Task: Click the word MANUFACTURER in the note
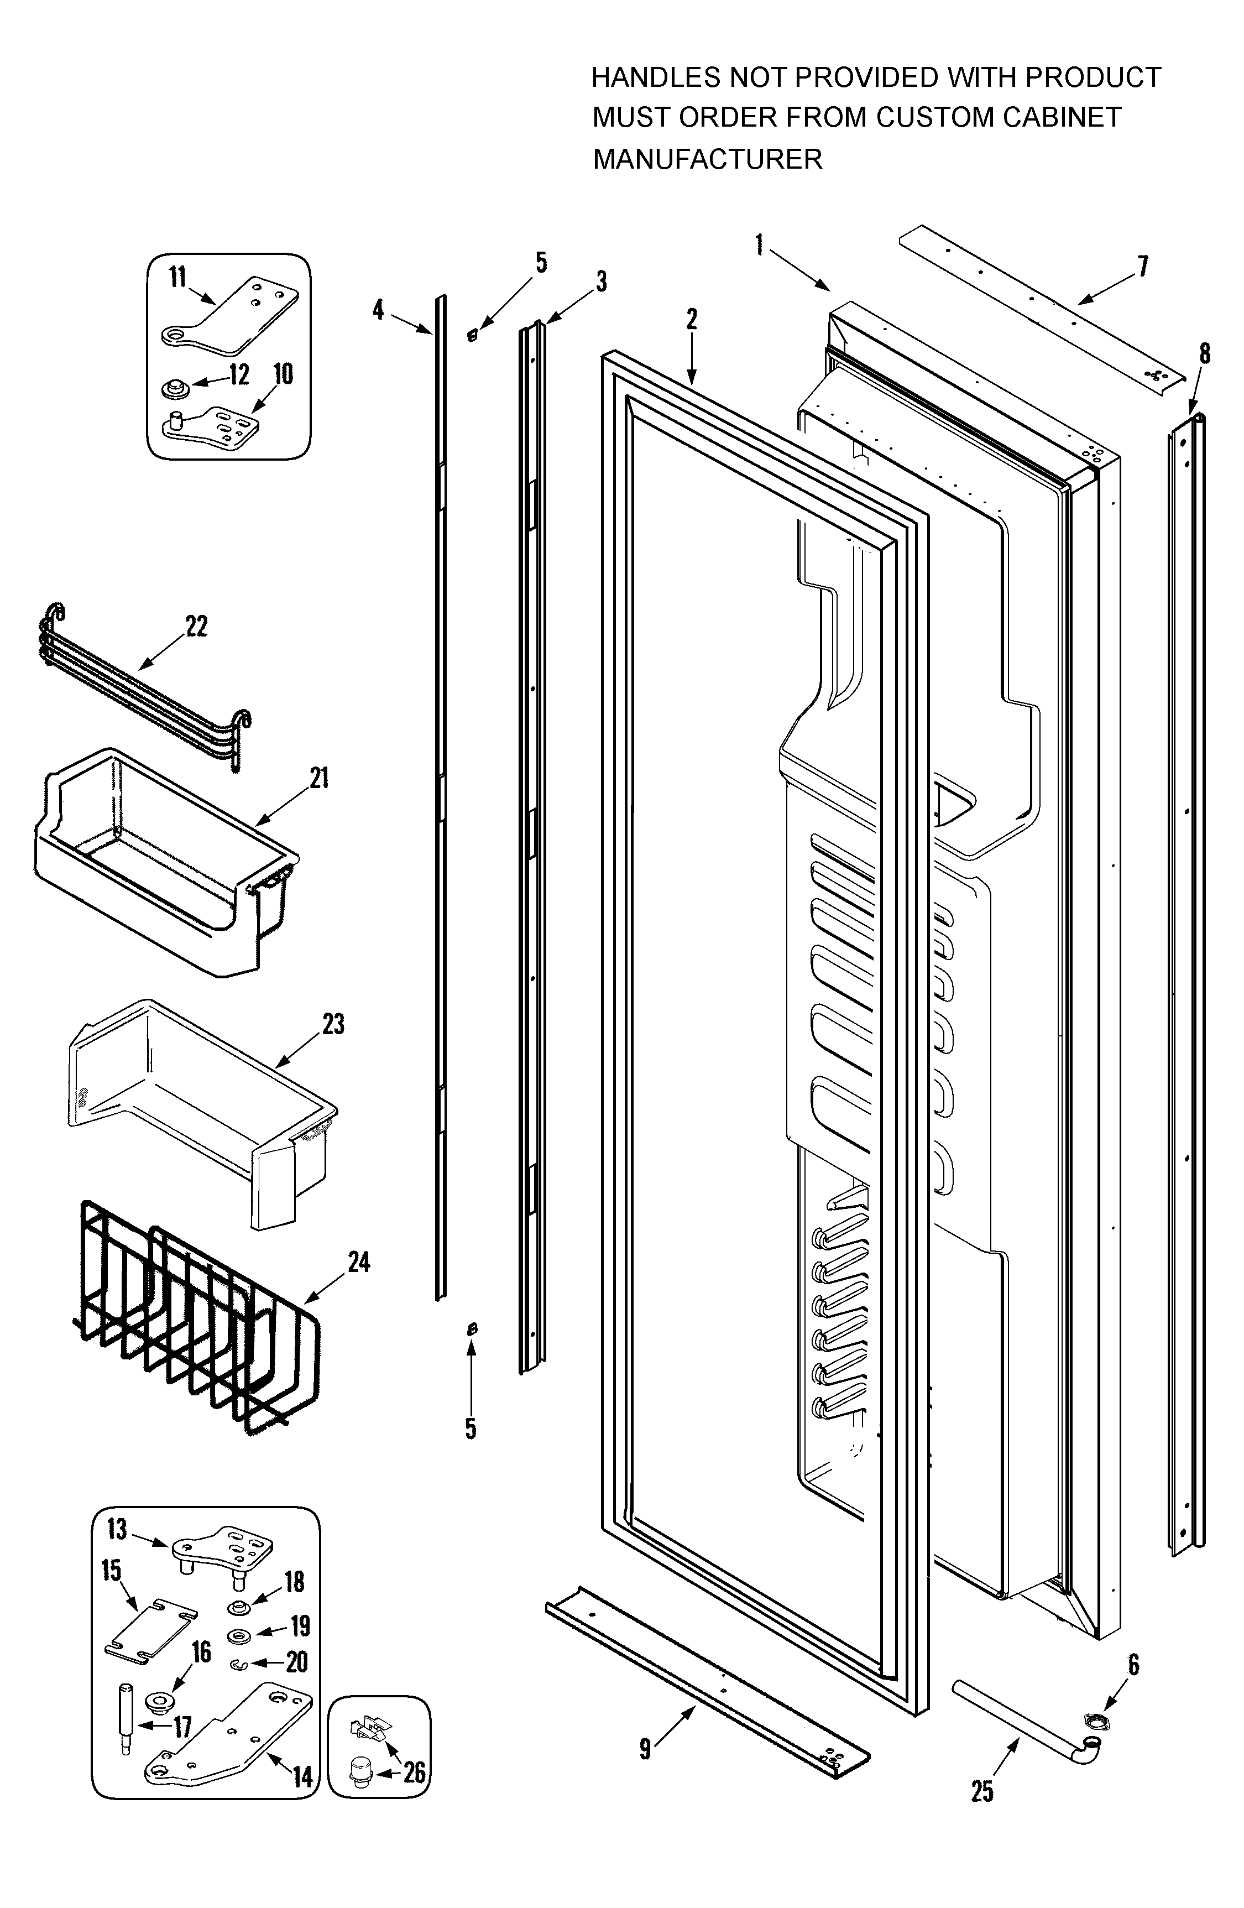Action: (x=707, y=159)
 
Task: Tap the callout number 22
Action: (x=196, y=626)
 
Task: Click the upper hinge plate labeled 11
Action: (x=232, y=317)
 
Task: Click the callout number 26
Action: (x=414, y=1772)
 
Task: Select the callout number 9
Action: (x=645, y=1750)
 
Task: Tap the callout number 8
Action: (x=1205, y=353)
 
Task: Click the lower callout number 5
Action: (x=471, y=1428)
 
